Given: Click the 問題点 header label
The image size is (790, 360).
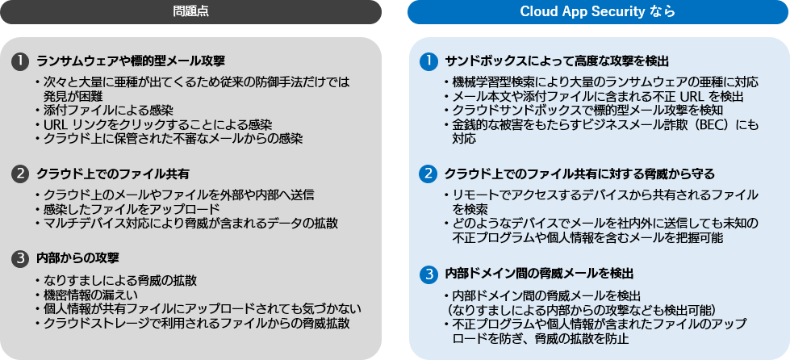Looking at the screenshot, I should tap(190, 11).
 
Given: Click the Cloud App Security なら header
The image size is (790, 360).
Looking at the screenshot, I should tap(597, 11).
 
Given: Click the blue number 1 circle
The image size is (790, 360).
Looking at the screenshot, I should tap(429, 61).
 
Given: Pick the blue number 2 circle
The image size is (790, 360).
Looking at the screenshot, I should tap(429, 174).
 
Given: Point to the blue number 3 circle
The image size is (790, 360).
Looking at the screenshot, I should tap(429, 274).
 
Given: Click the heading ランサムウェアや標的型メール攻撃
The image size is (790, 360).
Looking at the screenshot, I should tap(131, 61).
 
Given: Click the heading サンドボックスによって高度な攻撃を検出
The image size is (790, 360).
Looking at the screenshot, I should tap(557, 61).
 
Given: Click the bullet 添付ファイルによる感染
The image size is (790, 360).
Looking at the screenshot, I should tap(108, 110).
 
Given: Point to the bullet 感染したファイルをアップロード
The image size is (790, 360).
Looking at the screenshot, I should tap(126, 208).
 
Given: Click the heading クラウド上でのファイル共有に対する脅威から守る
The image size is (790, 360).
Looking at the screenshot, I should tap(579, 174).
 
